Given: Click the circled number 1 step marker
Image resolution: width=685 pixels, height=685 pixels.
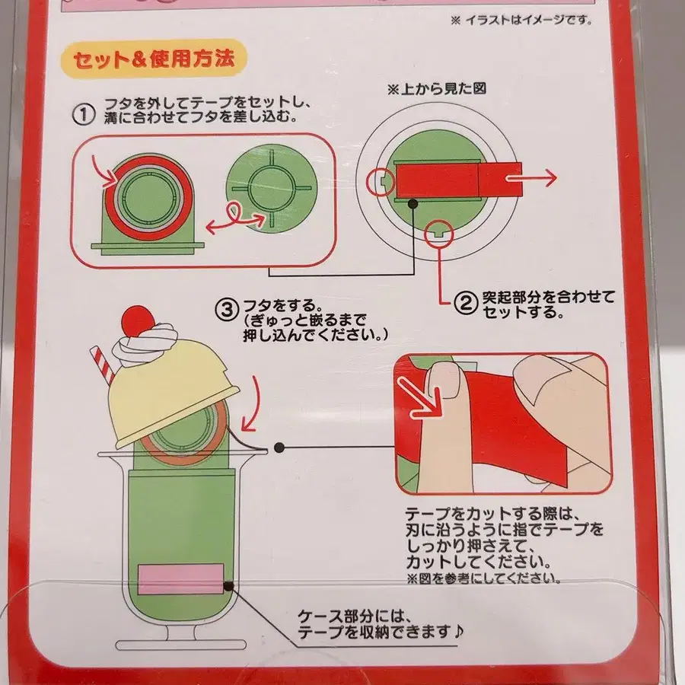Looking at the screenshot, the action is (x=84, y=115).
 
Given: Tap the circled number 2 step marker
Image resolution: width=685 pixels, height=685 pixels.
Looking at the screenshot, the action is (x=466, y=303).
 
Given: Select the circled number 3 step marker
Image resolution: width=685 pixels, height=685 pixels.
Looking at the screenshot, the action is (x=227, y=309).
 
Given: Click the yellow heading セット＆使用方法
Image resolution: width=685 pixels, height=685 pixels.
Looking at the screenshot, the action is (x=154, y=59).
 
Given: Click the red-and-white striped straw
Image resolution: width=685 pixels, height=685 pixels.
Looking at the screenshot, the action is (x=102, y=365).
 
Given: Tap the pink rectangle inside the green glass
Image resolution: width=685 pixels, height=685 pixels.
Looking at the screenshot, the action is (x=180, y=578).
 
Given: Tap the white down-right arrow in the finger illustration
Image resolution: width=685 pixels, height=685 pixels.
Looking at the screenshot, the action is (x=421, y=398).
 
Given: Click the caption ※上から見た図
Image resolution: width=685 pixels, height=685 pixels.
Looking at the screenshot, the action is (x=437, y=89).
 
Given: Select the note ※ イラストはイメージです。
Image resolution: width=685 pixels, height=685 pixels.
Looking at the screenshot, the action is (x=521, y=20).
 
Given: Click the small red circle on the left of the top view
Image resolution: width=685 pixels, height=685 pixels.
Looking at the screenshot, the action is (x=380, y=181).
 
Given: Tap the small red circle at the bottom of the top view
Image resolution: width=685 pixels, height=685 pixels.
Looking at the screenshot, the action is (x=438, y=234).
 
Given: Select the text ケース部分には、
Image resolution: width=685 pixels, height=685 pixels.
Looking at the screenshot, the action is (x=354, y=616).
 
